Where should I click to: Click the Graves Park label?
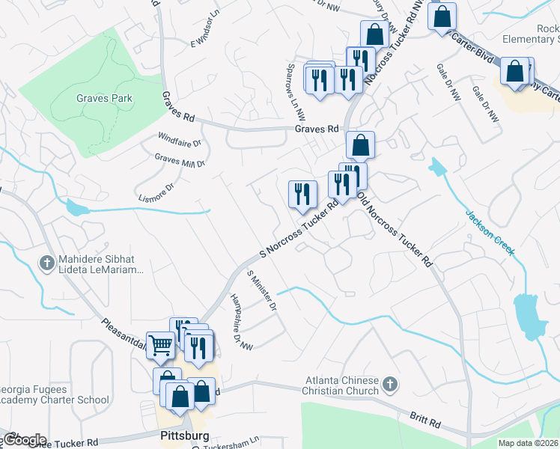[x=104, y=98]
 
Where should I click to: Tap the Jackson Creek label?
[x=490, y=232]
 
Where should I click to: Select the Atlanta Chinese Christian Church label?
[x=341, y=385]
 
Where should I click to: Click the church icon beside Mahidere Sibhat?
[x=46, y=263]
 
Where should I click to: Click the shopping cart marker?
[x=161, y=346]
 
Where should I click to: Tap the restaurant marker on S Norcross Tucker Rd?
[x=302, y=195]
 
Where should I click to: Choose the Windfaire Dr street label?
[x=180, y=140]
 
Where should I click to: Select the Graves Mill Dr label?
[x=180, y=160]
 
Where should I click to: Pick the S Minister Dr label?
[x=262, y=291]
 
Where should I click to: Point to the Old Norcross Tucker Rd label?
[x=395, y=229]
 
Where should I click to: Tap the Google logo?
[x=24, y=440]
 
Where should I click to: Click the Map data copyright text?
[x=528, y=443]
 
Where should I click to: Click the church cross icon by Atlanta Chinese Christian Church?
[x=389, y=385]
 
